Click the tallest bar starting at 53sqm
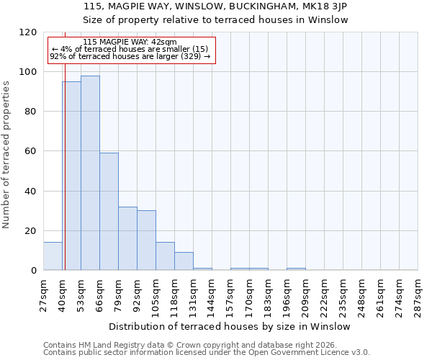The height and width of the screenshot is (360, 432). click(x=90, y=173)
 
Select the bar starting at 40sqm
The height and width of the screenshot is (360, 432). click(x=71, y=176)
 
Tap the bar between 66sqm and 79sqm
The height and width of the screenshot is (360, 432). click(x=109, y=212)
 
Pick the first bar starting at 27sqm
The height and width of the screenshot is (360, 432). click(x=53, y=256)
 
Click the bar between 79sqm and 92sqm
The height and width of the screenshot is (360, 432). click(x=127, y=238)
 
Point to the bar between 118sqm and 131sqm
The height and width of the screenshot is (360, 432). click(x=184, y=261)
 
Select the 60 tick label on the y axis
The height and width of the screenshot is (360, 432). click(x=31, y=151)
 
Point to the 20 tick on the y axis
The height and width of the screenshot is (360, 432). click(x=31, y=231)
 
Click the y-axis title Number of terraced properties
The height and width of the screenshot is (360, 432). click(x=7, y=155)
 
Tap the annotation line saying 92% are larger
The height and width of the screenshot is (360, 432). click(x=130, y=56)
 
